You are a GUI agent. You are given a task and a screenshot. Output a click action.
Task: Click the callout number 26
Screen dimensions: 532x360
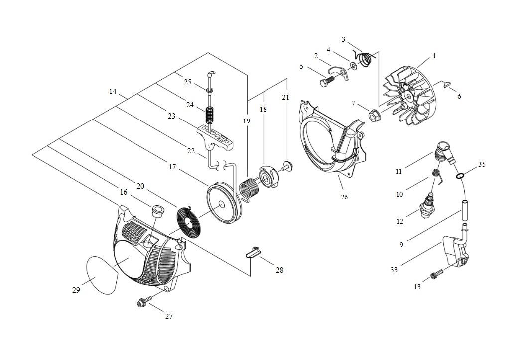point(344,197)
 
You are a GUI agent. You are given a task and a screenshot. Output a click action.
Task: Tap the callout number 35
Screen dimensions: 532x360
point(482,164)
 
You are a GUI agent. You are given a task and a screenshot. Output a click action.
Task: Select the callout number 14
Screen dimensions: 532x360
point(113,91)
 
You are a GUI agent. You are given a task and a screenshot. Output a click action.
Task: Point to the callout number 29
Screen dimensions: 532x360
point(76,290)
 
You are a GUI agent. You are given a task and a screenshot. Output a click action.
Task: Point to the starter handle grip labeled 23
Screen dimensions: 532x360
point(216,136)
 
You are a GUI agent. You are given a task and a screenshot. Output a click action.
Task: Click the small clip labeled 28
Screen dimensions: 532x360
point(253,252)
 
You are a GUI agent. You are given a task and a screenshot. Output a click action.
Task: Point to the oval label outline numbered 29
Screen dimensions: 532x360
point(102,274)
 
